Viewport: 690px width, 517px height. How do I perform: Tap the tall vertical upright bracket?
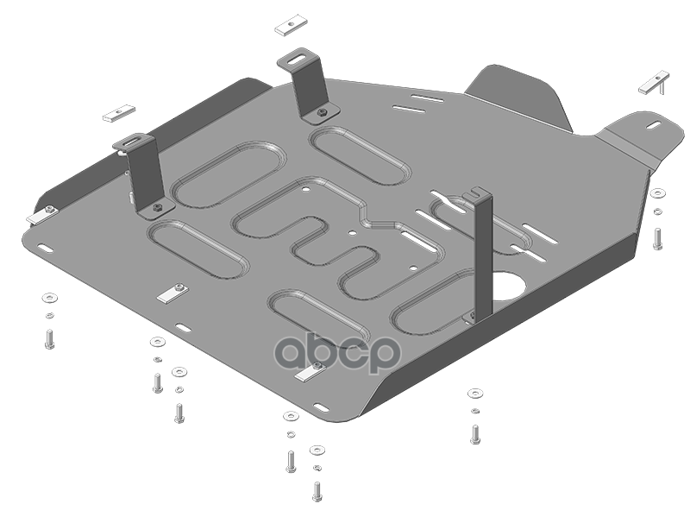click(x=482, y=255)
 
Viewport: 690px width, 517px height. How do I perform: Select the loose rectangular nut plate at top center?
click(x=291, y=27)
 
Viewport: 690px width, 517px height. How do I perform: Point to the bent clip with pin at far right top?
click(x=655, y=83)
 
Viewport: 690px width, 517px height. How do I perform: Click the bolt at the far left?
click(x=49, y=339)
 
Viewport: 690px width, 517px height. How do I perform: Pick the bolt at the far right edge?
click(x=657, y=239)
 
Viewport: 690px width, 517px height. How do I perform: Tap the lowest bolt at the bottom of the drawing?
click(x=317, y=491)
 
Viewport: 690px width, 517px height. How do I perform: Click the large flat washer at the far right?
click(x=658, y=192)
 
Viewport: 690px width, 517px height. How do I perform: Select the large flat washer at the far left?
click(x=50, y=297)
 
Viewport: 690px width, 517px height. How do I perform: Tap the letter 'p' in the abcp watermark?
click(x=382, y=356)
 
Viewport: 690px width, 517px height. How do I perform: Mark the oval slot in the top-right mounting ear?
click(x=654, y=125)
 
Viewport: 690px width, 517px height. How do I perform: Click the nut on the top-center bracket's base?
click(x=323, y=112)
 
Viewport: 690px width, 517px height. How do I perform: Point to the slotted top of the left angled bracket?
click(x=133, y=142)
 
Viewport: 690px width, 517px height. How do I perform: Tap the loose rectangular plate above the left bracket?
click(x=119, y=113)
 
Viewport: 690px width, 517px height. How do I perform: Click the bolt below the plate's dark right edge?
click(x=475, y=434)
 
